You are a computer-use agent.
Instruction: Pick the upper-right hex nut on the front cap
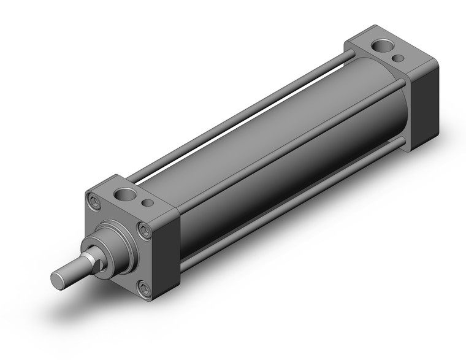coord(145,231)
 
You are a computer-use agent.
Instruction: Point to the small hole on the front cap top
coord(147,203)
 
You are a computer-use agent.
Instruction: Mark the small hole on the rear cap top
coord(399,58)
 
